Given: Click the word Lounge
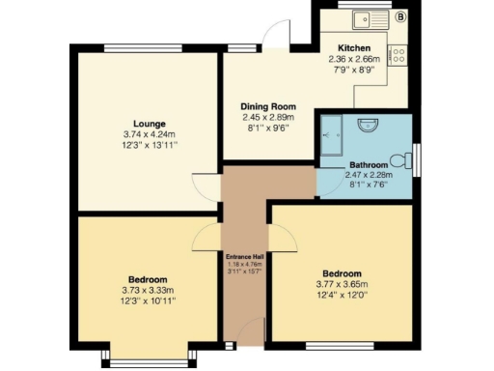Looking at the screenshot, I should coord(150,124).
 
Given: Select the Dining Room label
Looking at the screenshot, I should coord(268,106).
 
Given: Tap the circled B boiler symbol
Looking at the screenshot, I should coord(400,15).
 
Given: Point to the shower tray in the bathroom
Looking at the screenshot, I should coord(333,128).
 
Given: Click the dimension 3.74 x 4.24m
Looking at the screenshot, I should coord(150,134).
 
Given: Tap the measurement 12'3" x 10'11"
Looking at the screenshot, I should coord(149,301).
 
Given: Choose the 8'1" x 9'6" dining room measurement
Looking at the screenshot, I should coord(268,128).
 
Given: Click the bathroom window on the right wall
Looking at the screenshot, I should coord(416,158).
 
